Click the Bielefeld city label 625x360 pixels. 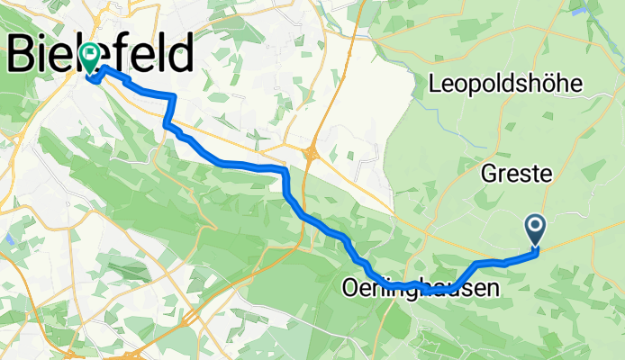point(101,54)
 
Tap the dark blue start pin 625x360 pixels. point(535,231)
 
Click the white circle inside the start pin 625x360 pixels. point(535,227)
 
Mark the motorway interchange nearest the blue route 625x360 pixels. point(312,153)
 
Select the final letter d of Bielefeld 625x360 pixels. point(180,54)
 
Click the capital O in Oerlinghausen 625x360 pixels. point(349,289)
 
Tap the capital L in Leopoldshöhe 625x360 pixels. point(437,85)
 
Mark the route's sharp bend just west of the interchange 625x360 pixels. point(285,171)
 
